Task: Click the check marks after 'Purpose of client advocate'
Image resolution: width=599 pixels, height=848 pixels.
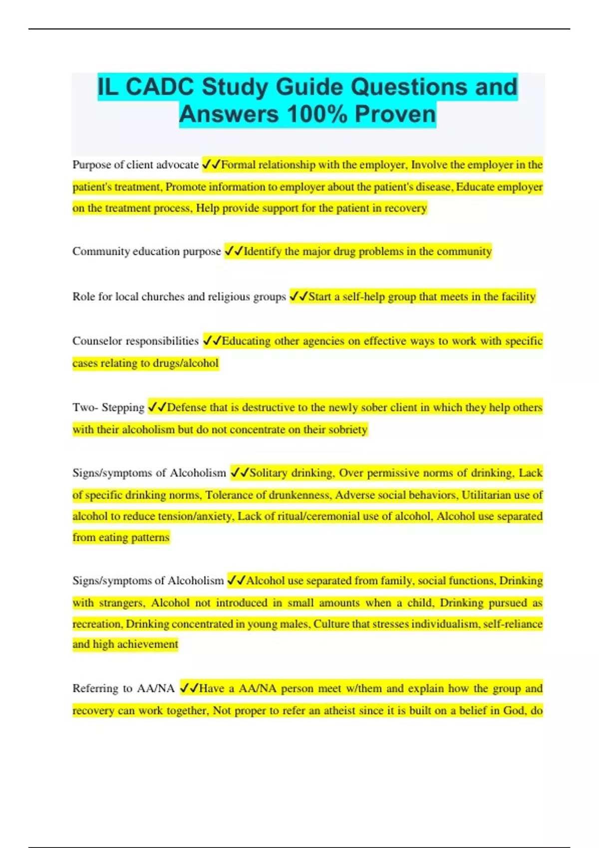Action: tap(211, 165)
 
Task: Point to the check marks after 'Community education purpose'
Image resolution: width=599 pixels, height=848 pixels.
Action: tap(234, 251)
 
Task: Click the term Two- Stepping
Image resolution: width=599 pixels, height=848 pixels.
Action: tap(108, 408)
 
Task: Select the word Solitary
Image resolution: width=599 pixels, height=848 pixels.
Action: tap(268, 473)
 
